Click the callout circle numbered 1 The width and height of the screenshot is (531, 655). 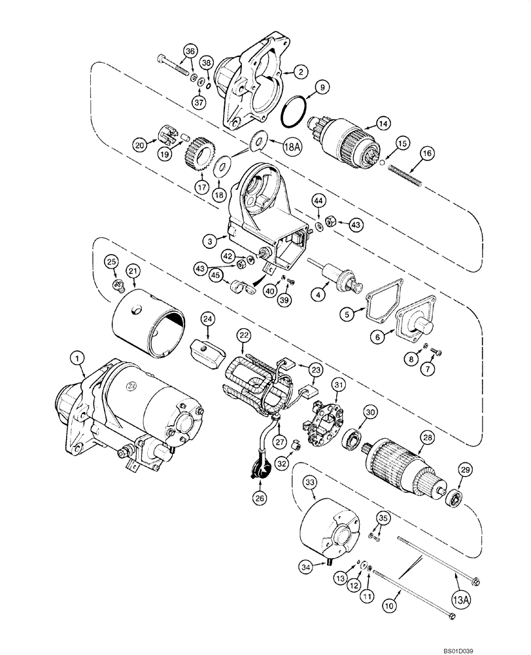[x=78, y=358]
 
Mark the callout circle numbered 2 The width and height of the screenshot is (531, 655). [x=300, y=71]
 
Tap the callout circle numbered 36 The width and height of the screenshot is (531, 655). [x=189, y=52]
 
